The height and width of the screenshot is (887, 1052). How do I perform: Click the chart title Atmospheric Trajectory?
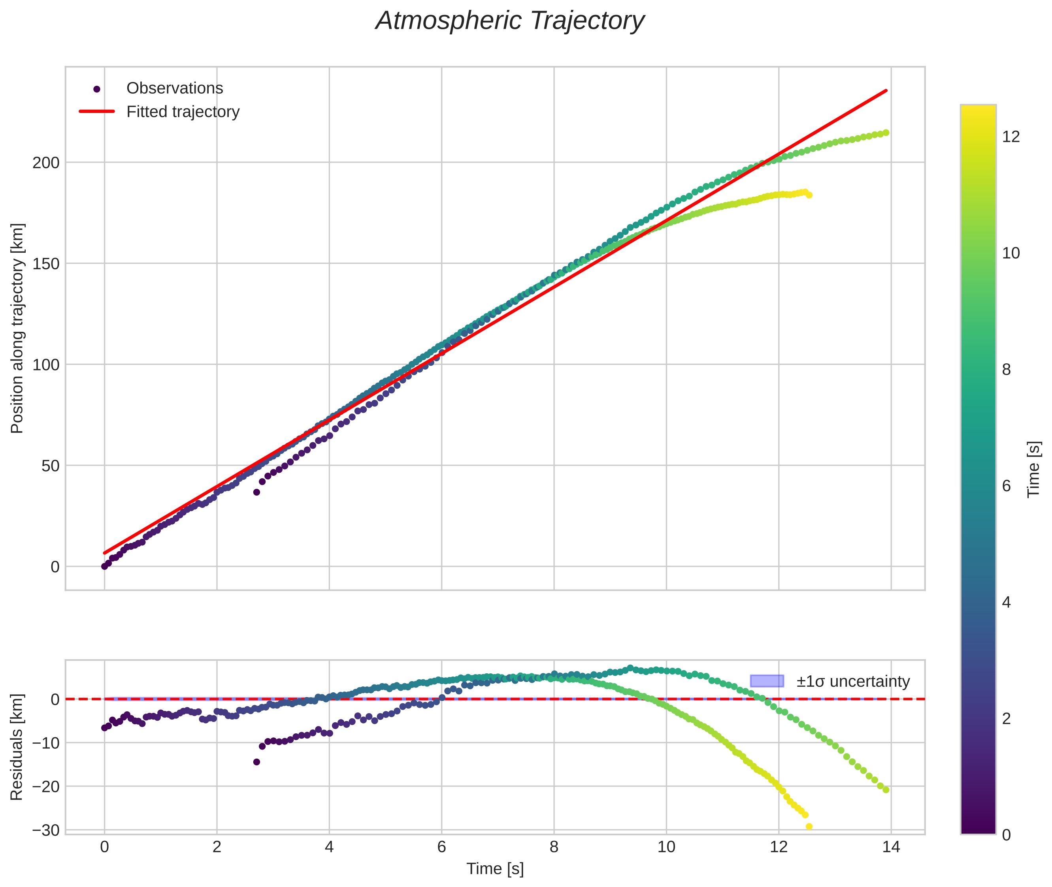[x=510, y=21]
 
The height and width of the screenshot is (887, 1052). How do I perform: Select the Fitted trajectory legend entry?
[x=183, y=112]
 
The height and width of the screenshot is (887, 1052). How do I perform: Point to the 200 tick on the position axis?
[x=46, y=162]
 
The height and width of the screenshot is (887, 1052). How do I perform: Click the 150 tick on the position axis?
[x=46, y=263]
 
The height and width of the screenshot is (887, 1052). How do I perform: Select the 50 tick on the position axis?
[x=50, y=466]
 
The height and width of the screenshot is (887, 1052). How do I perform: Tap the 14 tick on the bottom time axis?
[x=891, y=847]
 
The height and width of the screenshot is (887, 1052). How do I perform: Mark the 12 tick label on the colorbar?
[x=1011, y=137]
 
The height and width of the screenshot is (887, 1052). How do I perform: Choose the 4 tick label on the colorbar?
[x=1006, y=602]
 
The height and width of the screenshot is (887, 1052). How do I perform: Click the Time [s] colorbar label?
[x=1034, y=469]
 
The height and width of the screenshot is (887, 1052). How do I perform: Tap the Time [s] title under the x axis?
[x=494, y=869]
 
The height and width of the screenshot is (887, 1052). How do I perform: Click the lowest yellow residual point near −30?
[x=809, y=827]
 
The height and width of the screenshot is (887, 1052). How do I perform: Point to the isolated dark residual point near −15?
[x=256, y=762]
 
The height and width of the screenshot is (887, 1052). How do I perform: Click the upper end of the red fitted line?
[x=886, y=91]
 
